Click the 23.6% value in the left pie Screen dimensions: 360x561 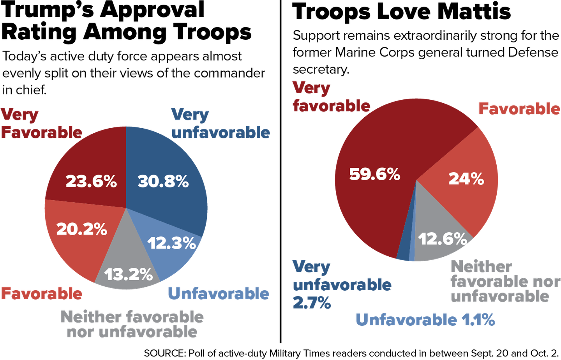coord(91,182)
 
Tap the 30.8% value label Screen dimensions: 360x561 coord(163,182)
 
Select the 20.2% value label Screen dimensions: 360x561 coord(82,229)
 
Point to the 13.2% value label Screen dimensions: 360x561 coord(128,274)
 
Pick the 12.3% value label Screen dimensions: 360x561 coord(171,244)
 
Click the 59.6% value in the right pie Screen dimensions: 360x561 coord(374,174)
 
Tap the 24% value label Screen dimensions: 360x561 coord(466,179)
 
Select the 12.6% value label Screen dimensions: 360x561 coord(443,239)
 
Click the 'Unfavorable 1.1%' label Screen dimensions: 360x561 coord(425,320)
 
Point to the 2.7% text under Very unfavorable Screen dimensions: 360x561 coord(312,303)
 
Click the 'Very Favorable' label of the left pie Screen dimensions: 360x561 coord(41,124)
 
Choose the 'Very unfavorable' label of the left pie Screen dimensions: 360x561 coord(221,124)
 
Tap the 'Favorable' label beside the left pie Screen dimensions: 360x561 coord(42,293)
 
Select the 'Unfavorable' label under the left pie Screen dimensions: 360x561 coord(219,293)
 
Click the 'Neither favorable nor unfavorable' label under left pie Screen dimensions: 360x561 coord(132,325)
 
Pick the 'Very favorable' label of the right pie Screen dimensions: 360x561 coord(331,97)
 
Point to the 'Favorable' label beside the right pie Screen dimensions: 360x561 coord(519,109)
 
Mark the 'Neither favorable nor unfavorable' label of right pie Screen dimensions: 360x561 coord(505,281)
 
